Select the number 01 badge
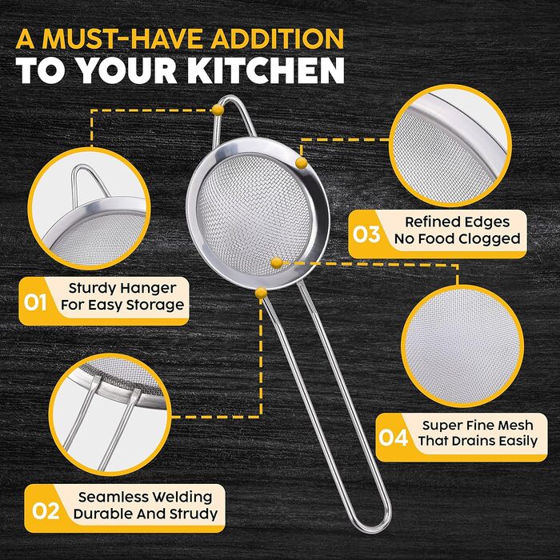(x=35, y=302)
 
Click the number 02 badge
(x=46, y=511)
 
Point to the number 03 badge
(x=366, y=234)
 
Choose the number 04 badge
(x=394, y=438)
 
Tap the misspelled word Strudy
(x=194, y=514)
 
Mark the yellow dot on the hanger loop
(x=218, y=110)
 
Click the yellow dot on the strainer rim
(x=302, y=163)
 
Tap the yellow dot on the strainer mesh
(x=277, y=263)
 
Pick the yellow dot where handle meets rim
(x=261, y=294)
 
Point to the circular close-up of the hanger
(x=89, y=209)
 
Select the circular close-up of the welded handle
(x=110, y=414)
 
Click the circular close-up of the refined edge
(x=450, y=146)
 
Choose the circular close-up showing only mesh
(x=462, y=346)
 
